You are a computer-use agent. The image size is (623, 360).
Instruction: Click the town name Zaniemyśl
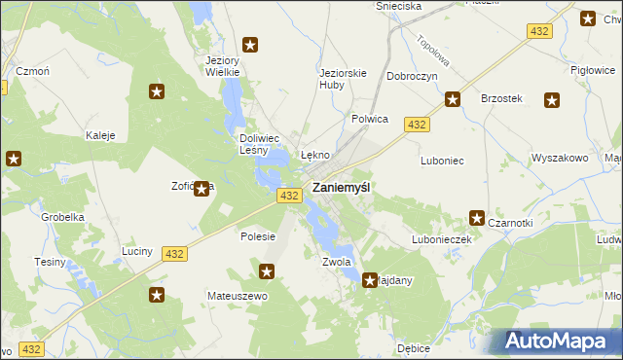(x=340, y=188)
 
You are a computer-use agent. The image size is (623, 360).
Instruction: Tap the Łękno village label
(x=315, y=155)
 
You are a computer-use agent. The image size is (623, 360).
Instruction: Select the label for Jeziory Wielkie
(x=223, y=65)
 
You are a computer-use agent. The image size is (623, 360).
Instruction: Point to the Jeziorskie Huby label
(x=343, y=78)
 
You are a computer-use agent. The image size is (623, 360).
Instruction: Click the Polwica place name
(x=370, y=119)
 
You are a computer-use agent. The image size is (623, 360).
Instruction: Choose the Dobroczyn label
(x=412, y=75)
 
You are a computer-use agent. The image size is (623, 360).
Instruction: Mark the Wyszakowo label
(x=560, y=158)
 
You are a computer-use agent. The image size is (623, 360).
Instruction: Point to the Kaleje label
(x=101, y=135)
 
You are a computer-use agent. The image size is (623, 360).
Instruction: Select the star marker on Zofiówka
(x=202, y=189)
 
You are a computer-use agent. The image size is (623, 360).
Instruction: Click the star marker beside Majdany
(x=371, y=281)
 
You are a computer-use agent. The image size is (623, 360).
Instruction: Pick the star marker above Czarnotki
(x=478, y=219)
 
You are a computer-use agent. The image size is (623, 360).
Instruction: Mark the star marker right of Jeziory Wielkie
(x=250, y=44)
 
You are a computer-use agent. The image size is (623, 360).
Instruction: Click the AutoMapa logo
(x=559, y=342)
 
